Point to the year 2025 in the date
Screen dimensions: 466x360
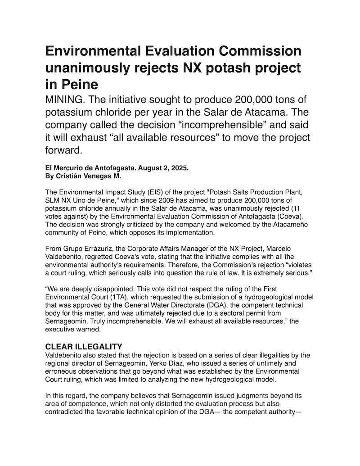tap(179, 168)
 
